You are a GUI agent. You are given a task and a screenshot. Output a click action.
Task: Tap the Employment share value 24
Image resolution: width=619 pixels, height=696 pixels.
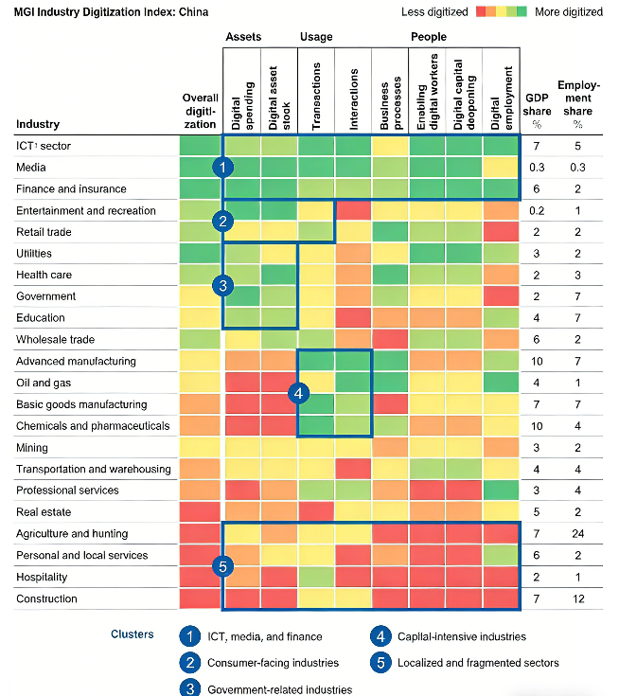[577, 534]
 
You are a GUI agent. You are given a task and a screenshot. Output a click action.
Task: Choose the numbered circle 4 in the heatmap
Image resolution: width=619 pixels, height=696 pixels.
[298, 393]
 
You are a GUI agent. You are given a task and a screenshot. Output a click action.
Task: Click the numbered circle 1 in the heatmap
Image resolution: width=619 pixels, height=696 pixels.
[223, 167]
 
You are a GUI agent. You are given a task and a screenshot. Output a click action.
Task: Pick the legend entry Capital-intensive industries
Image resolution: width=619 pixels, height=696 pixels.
[460, 636]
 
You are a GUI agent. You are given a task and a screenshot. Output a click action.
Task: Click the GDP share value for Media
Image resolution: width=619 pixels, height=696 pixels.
[537, 168]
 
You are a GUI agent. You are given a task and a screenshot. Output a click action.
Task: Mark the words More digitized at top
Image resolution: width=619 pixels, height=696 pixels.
[569, 12]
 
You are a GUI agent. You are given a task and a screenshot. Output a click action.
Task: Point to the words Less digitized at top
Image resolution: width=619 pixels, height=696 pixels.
[434, 12]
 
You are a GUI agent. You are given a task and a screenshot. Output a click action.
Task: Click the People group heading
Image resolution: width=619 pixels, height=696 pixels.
[428, 37]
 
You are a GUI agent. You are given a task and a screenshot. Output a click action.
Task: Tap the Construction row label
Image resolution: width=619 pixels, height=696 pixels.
[46, 598]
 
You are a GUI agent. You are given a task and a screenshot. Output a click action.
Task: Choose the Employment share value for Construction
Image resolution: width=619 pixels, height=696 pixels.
[577, 598]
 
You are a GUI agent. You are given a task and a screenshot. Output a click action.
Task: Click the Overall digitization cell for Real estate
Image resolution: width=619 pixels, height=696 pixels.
[201, 512]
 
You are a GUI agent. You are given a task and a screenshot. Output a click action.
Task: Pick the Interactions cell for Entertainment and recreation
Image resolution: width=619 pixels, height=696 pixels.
[354, 210]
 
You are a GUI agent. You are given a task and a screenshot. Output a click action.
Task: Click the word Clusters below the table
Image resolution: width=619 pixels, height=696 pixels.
[133, 634]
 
